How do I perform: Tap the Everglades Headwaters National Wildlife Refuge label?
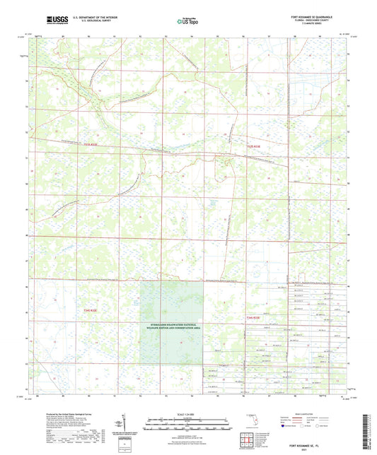pyautogui.click(x=176, y=327)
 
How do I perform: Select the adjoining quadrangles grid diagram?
pyautogui.click(x=251, y=440)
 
